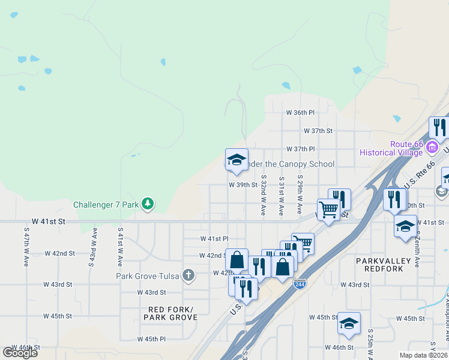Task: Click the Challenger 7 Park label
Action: click(106, 205)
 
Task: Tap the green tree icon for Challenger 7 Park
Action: click(147, 205)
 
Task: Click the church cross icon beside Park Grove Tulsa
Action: click(188, 276)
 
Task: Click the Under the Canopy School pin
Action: click(237, 159)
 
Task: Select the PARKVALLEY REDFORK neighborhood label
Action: click(383, 265)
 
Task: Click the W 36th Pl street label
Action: click(300, 113)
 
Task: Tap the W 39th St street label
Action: click(243, 185)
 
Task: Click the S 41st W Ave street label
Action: click(120, 247)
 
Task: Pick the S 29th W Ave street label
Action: click(299, 196)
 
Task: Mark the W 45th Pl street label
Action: click(151, 339)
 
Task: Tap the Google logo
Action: click(20, 353)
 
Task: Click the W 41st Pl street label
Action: click(214, 239)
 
